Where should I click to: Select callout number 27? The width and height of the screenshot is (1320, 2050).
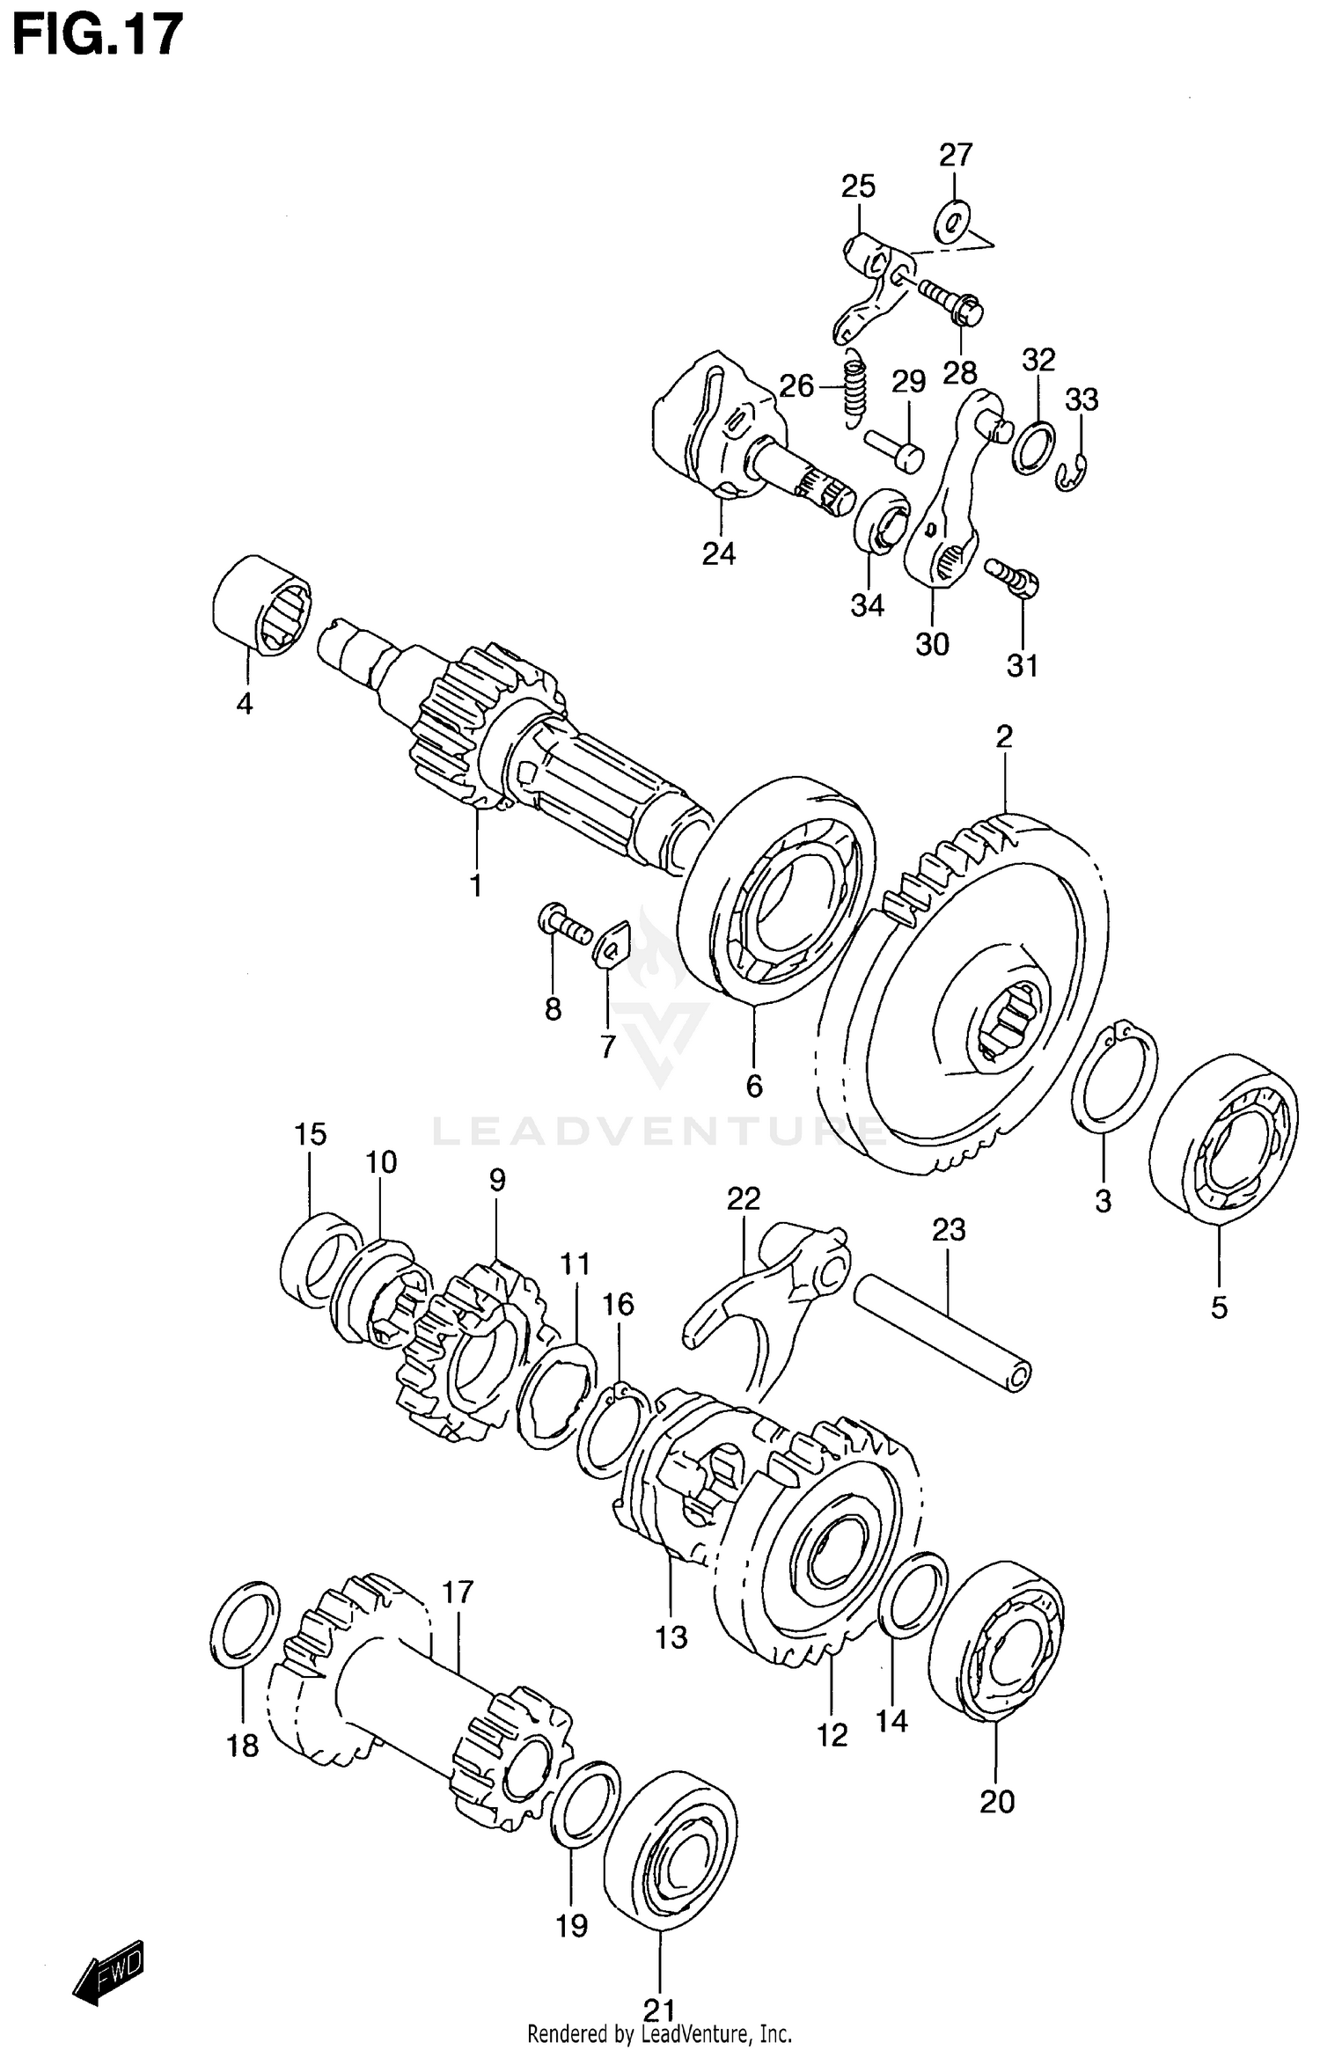(955, 155)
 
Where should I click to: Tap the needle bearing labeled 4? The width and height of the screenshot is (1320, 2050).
(261, 606)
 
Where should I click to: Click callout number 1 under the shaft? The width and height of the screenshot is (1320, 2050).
(476, 886)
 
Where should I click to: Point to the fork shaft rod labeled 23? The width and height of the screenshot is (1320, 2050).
(942, 1334)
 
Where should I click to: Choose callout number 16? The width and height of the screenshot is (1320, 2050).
(618, 1304)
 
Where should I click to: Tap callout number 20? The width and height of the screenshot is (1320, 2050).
(997, 1802)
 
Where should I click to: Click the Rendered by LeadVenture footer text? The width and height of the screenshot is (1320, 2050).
(659, 2033)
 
